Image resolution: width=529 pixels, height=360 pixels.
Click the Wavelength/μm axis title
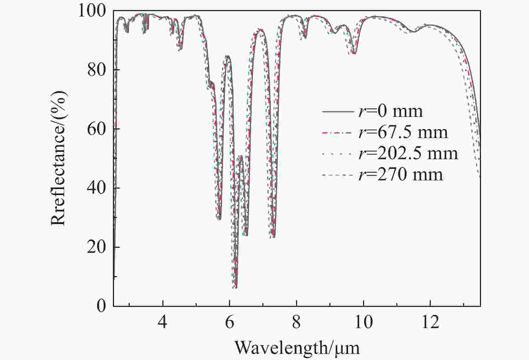click(297, 347)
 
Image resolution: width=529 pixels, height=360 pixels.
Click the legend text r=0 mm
click(391, 112)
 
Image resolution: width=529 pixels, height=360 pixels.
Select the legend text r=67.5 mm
click(403, 133)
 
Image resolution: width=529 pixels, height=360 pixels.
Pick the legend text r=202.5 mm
click(408, 154)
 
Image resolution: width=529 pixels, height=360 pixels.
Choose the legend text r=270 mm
click(401, 175)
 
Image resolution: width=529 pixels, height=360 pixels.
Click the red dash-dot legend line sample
click(338, 133)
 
